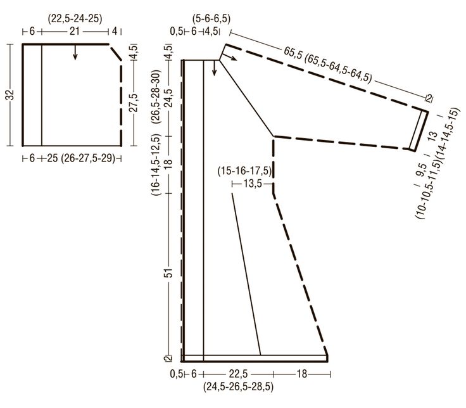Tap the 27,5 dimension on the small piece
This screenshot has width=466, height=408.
134,103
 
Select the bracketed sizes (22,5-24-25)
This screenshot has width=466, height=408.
75,19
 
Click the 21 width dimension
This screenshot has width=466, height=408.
75,31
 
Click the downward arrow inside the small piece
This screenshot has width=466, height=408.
75,53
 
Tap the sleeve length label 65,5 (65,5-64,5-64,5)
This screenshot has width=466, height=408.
328,65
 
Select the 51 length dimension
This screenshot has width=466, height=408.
169,272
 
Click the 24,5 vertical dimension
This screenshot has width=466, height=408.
169,98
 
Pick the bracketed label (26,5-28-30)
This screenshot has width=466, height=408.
156,97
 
